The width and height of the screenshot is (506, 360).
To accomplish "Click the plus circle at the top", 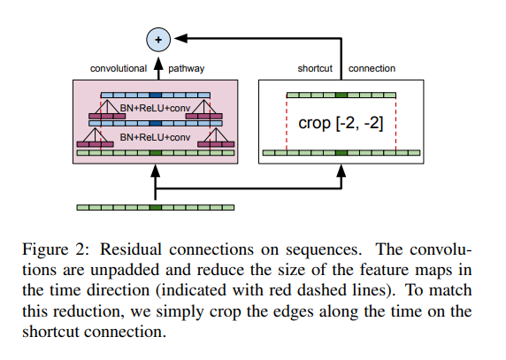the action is point(158,40).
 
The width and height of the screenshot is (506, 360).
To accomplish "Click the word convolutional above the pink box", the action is point(119,68).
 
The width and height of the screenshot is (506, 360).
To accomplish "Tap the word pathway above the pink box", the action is point(186,69).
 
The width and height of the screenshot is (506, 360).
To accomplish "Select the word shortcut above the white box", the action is point(315,68).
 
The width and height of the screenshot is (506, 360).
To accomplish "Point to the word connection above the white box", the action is point(372,68).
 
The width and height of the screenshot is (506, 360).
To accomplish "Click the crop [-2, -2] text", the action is point(341,123).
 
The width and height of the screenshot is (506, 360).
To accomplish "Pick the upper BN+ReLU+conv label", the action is point(155,108).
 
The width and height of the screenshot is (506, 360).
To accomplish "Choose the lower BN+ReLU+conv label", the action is point(155,137).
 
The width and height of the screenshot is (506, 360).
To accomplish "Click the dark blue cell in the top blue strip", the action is point(155,96).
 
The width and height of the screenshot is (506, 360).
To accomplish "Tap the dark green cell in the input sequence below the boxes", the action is point(155,207).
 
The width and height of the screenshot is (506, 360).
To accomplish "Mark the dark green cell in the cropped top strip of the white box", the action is point(341,96).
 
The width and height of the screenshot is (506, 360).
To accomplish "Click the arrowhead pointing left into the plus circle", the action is point(180,38).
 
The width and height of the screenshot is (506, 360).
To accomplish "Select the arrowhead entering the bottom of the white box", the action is point(341,171).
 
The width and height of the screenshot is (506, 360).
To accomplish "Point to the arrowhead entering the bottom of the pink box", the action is point(155,171).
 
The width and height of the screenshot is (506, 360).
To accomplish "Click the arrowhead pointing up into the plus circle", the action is point(158,64).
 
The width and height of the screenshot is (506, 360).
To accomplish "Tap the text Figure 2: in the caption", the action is point(55,249).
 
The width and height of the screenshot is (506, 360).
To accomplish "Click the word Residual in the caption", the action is point(131,249).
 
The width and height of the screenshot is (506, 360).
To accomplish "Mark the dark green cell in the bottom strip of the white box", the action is point(341,153).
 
